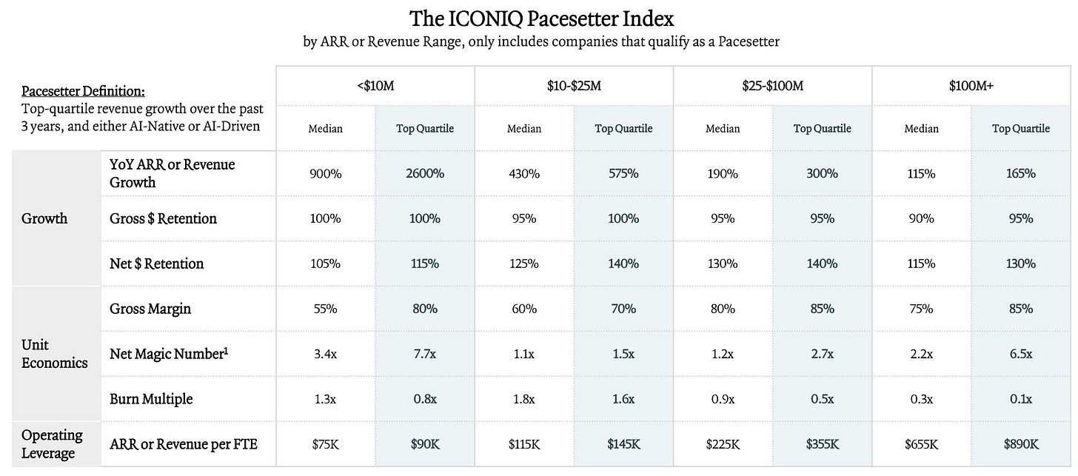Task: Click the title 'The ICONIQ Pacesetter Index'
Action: click(x=541, y=19)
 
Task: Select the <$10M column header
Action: click(x=375, y=86)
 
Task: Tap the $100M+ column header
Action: click(x=971, y=86)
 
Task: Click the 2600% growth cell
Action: click(x=425, y=173)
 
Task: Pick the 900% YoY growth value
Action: click(x=325, y=173)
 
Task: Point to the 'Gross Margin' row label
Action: click(x=150, y=309)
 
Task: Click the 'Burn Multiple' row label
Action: click(x=151, y=399)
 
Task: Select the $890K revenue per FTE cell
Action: click(x=1021, y=443)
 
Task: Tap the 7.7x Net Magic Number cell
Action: click(x=425, y=354)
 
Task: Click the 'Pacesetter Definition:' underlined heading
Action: click(x=83, y=91)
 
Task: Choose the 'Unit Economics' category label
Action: click(x=54, y=354)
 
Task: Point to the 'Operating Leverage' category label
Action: click(x=52, y=443)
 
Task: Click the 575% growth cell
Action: click(x=623, y=173)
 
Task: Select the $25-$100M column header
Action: click(x=772, y=86)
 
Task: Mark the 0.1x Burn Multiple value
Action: click(x=1021, y=399)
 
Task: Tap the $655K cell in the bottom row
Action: click(x=921, y=443)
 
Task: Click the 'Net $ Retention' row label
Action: click(x=156, y=264)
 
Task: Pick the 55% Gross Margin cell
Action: click(x=325, y=309)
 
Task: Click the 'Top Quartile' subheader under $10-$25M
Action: click(x=623, y=129)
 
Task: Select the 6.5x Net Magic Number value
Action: click(x=1021, y=354)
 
